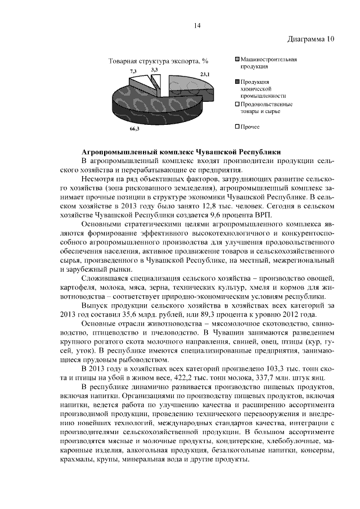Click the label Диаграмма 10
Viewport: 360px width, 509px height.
(x=311, y=39)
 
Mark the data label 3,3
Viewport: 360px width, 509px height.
(x=154, y=68)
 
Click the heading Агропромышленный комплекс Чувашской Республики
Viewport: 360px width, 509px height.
(x=181, y=152)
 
